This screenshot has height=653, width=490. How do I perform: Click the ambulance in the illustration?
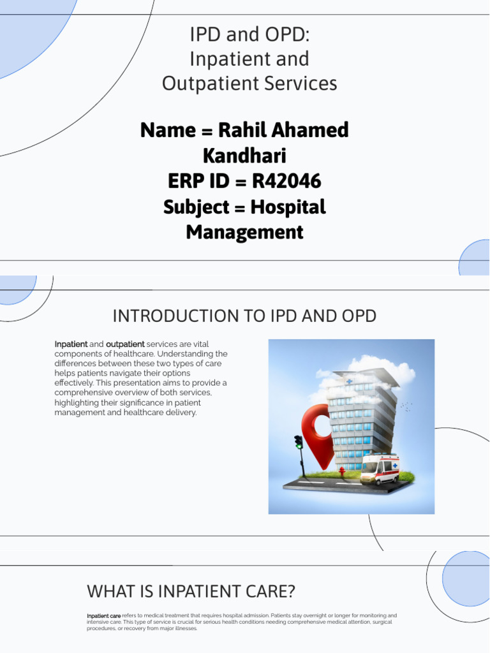(x=379, y=469)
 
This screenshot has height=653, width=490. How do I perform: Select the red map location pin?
(x=318, y=434)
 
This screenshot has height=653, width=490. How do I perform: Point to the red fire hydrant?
(x=342, y=473)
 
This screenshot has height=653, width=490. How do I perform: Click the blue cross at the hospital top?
(x=349, y=381)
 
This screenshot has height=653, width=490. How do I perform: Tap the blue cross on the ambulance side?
(x=395, y=466)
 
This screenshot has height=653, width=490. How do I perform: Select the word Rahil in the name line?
(x=241, y=130)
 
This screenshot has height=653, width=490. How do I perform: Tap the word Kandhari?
(x=244, y=156)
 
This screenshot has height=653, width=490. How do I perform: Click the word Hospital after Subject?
(x=288, y=207)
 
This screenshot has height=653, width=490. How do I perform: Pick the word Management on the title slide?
(x=244, y=232)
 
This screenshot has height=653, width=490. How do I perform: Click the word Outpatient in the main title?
(x=200, y=84)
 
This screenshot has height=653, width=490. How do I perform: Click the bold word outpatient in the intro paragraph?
(x=125, y=344)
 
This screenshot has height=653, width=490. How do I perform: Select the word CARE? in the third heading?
(x=271, y=591)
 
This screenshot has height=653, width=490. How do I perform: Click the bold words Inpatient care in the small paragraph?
(x=103, y=616)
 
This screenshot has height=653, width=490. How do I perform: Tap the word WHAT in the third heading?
(x=108, y=591)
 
